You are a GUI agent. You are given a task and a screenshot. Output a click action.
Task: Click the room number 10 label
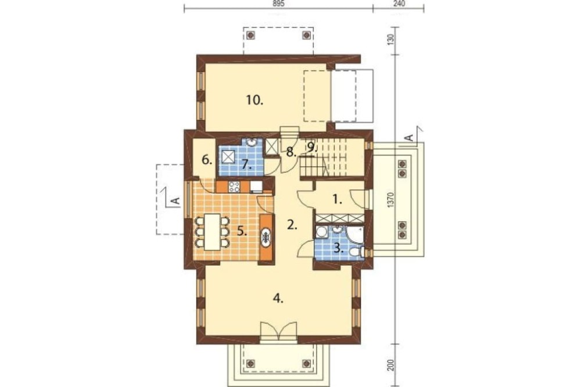254,100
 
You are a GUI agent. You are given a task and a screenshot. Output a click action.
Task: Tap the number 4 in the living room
278,299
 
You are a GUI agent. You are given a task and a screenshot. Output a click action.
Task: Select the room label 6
207,160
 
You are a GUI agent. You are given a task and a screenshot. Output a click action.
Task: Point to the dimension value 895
278,3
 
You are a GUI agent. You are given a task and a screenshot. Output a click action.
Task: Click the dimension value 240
399,3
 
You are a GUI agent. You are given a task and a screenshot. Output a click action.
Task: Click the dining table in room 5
212,232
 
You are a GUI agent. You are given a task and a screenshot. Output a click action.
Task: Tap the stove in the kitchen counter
234,187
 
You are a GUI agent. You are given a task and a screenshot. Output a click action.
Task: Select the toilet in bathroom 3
356,252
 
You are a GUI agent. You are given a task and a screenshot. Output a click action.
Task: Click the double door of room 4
278,331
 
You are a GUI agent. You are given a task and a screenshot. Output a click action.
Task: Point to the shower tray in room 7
228,157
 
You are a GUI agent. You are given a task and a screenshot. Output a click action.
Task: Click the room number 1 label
336,200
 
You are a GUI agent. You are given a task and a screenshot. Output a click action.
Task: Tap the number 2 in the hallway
292,225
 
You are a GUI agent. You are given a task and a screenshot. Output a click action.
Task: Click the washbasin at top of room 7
251,142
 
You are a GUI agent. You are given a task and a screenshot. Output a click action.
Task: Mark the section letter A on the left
176,201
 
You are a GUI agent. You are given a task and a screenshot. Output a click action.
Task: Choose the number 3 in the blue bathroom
337,248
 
